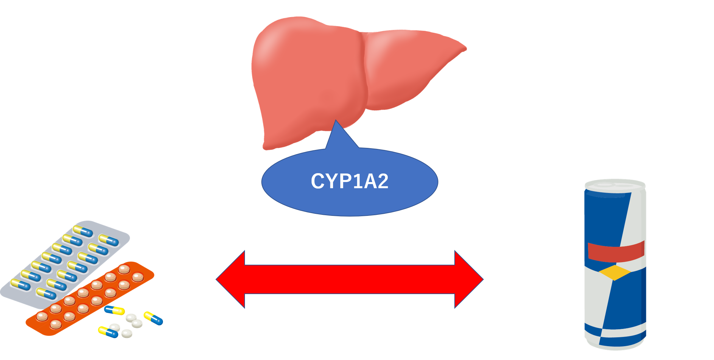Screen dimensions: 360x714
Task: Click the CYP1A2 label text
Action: (349, 181)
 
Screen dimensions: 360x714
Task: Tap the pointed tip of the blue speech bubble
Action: (336, 122)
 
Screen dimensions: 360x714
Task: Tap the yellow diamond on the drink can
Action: (615, 273)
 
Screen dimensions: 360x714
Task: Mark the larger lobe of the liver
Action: (307, 79)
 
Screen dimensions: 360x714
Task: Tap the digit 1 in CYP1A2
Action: (357, 181)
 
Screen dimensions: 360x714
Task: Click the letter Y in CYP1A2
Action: (331, 181)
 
